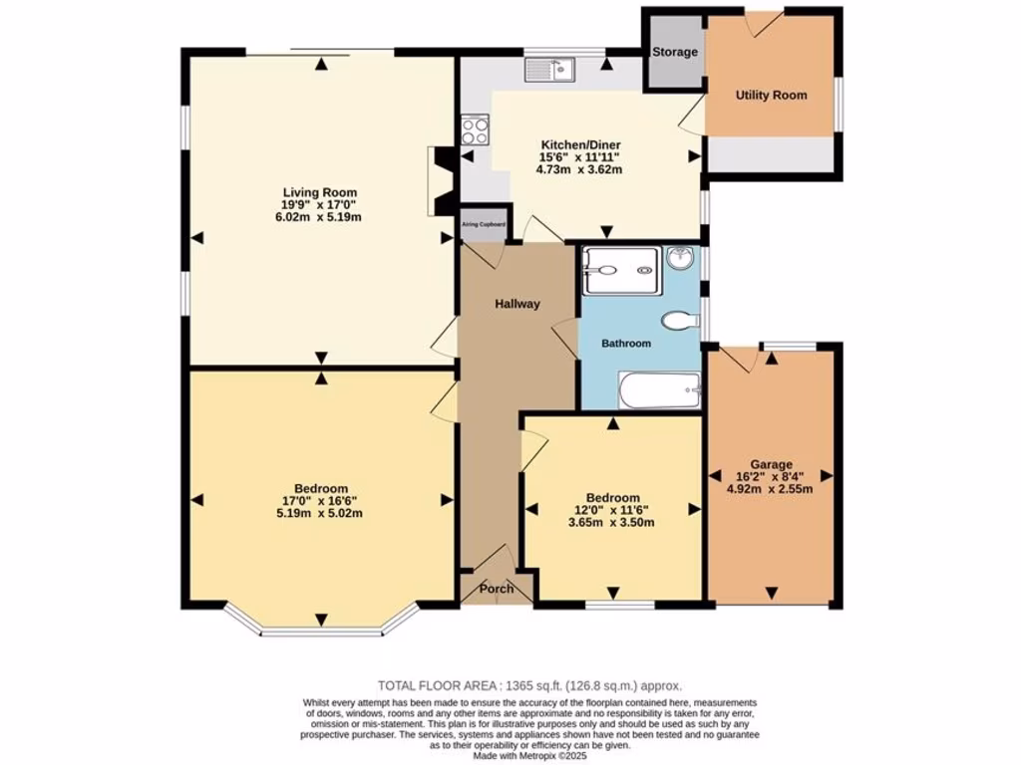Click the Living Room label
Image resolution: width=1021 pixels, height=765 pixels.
coord(319,192)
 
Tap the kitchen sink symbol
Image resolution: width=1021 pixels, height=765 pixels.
coord(550,69)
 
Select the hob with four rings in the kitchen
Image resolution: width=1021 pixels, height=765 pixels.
coord(475,130)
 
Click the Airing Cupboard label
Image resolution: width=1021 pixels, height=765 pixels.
coord(484,226)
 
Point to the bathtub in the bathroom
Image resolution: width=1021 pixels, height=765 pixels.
coord(659,389)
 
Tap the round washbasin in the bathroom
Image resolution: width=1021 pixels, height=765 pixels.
coord(680,258)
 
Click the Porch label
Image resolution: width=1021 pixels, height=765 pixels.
coord(497,589)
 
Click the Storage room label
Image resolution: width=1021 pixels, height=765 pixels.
coord(675,52)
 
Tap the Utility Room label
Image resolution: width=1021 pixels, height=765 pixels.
coord(771,95)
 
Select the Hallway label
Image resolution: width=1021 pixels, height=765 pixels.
coord(517,304)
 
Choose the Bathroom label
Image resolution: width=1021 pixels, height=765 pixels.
coord(625,343)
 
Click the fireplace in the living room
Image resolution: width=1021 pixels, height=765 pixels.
coord(440,181)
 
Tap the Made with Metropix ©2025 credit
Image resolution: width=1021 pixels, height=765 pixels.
coord(529,754)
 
